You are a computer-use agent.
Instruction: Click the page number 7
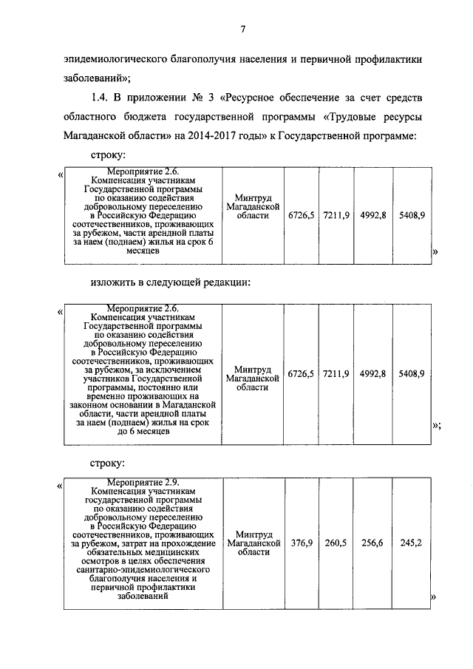pyautogui.click(x=242, y=29)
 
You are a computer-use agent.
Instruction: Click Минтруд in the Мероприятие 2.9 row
pyautogui.click(x=253, y=534)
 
